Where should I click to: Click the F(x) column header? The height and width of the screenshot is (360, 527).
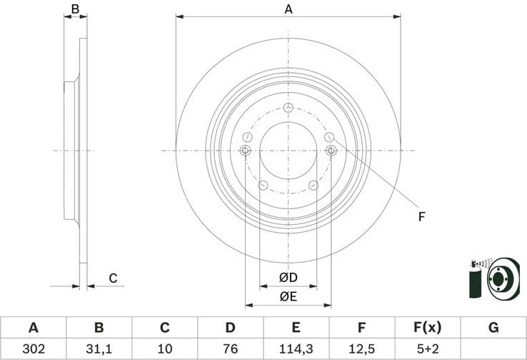(x=427, y=328)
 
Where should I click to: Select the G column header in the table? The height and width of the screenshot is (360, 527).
(x=493, y=328)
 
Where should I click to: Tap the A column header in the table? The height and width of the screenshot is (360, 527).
(x=33, y=328)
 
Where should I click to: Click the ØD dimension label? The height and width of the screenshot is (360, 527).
(x=288, y=277)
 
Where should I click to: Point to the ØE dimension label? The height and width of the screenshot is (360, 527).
(x=288, y=295)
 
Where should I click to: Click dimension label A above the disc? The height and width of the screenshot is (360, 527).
(x=288, y=9)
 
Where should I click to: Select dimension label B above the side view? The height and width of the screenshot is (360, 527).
(x=75, y=9)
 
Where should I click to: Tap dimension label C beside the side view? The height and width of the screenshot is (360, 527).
(x=113, y=279)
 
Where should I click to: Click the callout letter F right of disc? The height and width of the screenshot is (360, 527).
(x=421, y=216)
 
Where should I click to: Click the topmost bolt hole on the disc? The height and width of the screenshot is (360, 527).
(x=288, y=108)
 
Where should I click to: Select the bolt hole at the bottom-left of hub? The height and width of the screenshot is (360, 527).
(x=262, y=186)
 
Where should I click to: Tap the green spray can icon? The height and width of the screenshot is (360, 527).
(x=472, y=280)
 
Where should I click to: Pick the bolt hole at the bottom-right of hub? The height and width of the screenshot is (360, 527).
(x=313, y=186)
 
